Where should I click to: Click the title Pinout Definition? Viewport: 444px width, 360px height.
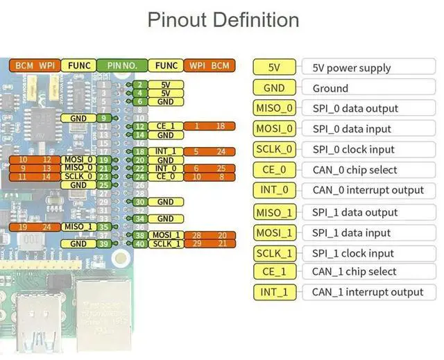click(223, 19)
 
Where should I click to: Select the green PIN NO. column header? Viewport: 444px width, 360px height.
click(121, 66)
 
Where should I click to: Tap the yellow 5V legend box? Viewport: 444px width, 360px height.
click(274, 67)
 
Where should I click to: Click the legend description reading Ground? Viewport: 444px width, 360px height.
click(330, 88)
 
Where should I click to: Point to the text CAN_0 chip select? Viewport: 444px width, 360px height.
click(355, 170)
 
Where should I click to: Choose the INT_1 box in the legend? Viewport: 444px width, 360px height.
click(274, 292)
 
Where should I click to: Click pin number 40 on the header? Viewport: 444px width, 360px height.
click(140, 243)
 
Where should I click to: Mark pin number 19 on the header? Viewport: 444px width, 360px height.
click(103, 160)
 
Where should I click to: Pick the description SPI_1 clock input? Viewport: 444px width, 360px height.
click(353, 253)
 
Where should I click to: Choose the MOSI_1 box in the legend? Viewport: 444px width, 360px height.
click(274, 233)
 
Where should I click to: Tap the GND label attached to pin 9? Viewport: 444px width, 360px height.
click(78, 119)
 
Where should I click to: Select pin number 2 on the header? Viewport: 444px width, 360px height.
click(140, 85)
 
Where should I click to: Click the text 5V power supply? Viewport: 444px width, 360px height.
click(352, 68)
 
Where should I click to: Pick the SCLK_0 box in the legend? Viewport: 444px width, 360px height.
click(274, 149)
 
